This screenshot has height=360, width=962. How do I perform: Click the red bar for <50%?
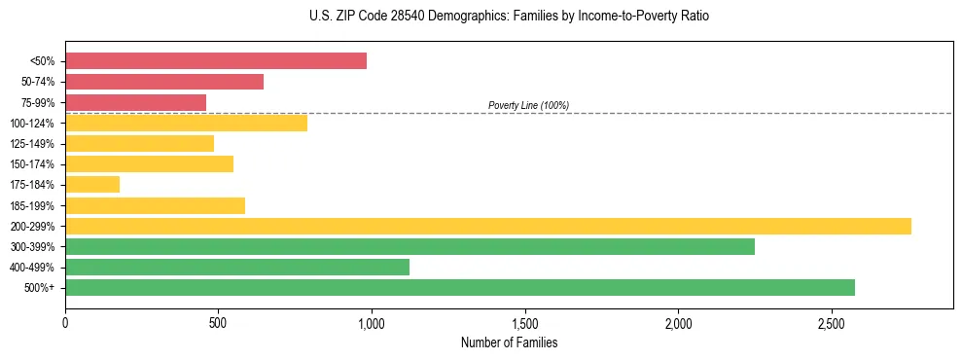pos(216,61)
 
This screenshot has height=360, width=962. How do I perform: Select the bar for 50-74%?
pos(164,82)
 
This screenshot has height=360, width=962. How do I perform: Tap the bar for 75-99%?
pos(135,102)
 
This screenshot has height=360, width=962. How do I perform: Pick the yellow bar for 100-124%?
pos(186,123)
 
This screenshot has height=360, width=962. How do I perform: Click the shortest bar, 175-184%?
pos(92,184)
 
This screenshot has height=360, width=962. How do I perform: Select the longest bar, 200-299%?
pos(488,226)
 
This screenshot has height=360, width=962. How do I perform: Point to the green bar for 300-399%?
pos(410,246)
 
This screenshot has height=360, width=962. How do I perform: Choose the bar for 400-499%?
pos(237,267)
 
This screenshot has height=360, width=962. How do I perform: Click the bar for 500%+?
pos(460,287)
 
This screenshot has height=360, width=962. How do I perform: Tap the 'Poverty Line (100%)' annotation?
pos(528,105)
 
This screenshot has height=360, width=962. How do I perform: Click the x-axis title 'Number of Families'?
pos(509,342)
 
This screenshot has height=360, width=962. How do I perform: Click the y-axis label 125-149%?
pos(32,144)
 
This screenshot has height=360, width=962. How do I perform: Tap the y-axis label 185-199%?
pos(32,205)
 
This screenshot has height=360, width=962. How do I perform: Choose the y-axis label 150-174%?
pos(32,164)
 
